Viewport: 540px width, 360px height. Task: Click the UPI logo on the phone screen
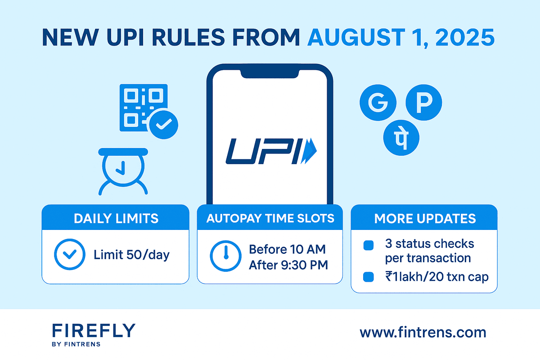[270, 150]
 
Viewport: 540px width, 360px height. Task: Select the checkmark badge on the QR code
[163, 124]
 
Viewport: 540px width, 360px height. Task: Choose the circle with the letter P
[424, 103]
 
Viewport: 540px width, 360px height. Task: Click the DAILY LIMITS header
[116, 219]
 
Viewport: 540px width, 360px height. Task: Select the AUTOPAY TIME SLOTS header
[270, 219]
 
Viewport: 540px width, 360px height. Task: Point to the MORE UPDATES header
[425, 219]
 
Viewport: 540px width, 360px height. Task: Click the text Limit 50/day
[131, 255]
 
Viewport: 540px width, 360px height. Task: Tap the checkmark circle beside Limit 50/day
[69, 254]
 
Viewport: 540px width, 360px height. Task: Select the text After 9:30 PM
[288, 265]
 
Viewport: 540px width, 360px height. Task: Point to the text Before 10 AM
[288, 249]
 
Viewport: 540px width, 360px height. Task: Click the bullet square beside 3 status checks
[369, 245]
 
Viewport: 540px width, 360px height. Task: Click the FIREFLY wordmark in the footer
[93, 331]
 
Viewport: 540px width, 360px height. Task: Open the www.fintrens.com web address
[423, 333]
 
